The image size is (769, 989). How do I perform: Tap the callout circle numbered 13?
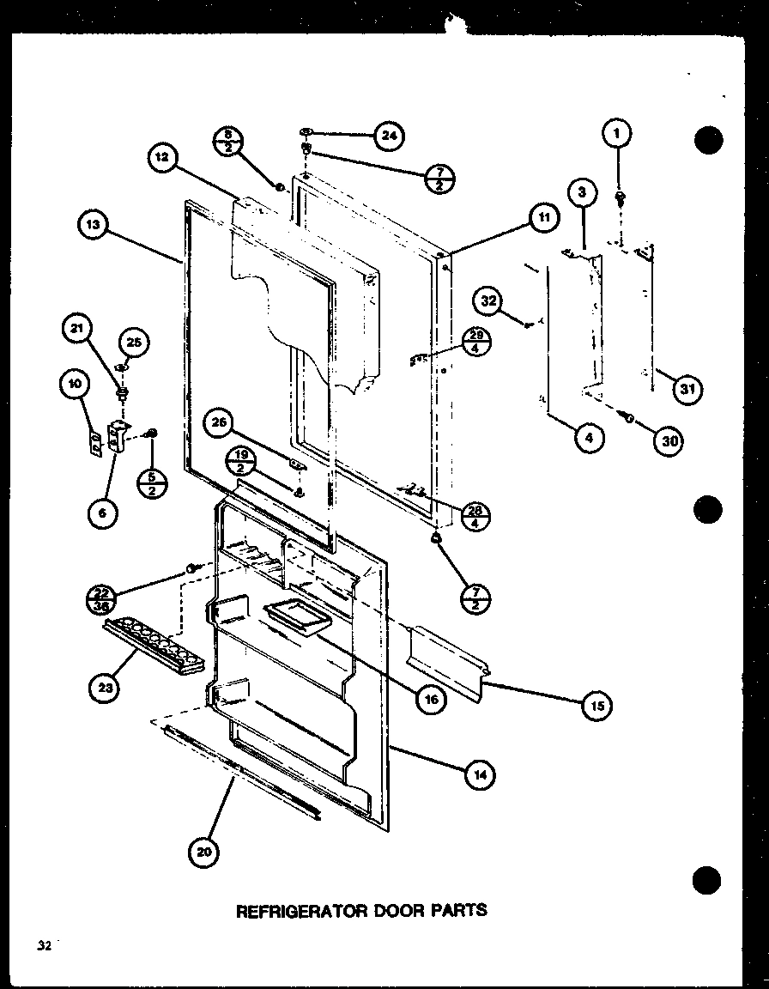point(92,225)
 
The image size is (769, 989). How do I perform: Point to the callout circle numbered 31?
point(687,390)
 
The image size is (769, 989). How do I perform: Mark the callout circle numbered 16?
point(430,699)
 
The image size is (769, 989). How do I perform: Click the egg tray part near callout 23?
point(154,644)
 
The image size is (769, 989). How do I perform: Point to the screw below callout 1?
point(620,197)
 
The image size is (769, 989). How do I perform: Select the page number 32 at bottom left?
point(43,945)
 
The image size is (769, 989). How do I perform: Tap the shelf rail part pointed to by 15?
point(446,657)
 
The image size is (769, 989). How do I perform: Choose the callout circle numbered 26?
point(221,422)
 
